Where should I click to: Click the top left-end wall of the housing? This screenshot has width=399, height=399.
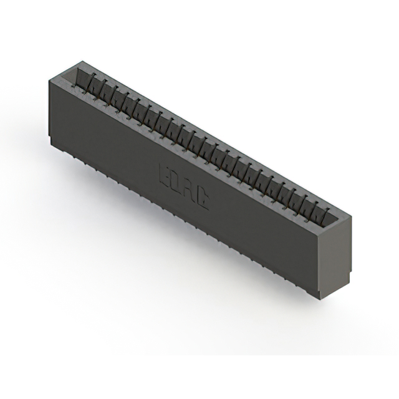pos(62,74)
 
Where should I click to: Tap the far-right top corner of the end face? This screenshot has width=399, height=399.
pos(351,218)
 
